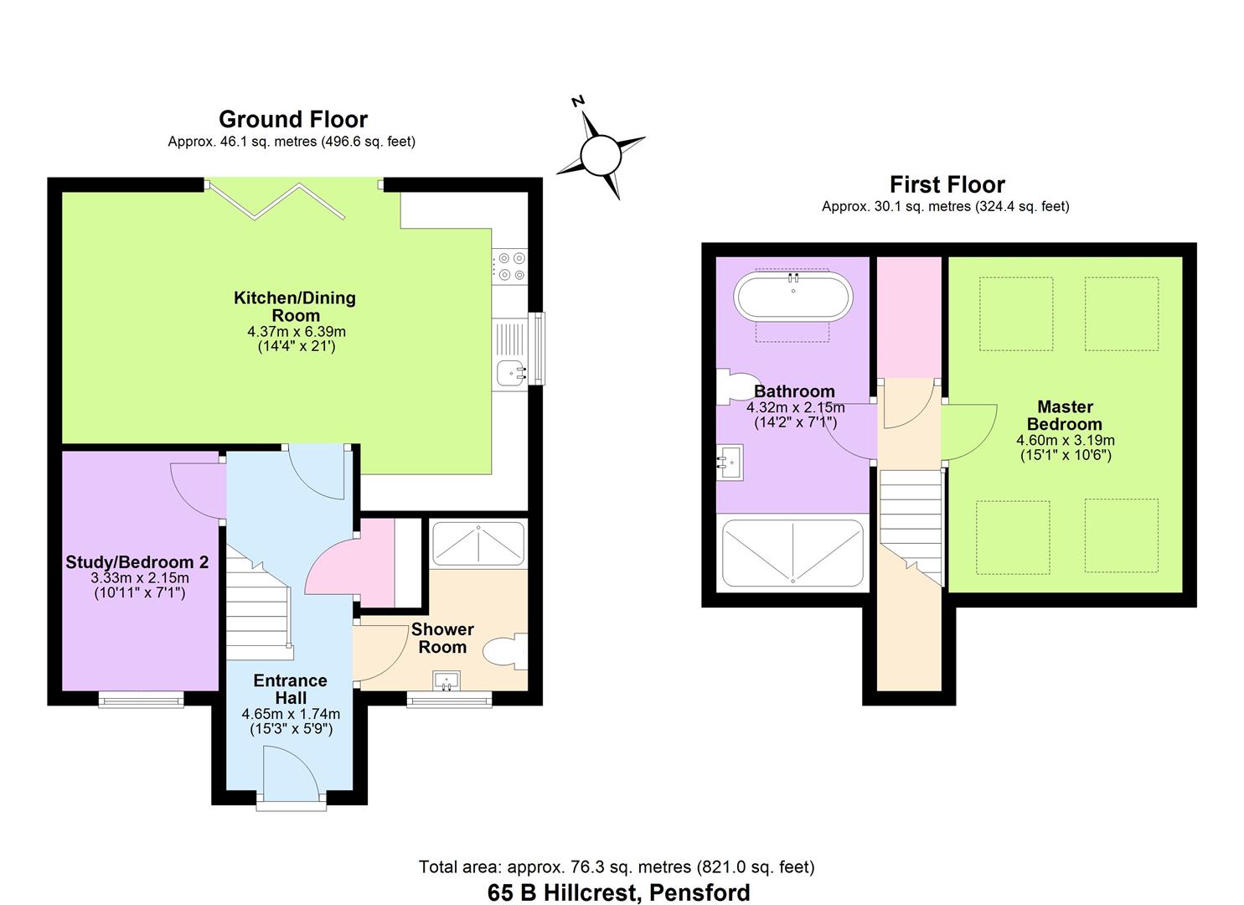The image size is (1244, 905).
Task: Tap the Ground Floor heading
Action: tap(292, 119)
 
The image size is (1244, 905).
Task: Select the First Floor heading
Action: tap(947, 184)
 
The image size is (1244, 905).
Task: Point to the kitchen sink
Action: tap(509, 371)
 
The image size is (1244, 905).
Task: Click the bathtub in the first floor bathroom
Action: tap(792, 297)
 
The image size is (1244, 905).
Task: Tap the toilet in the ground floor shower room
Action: tap(507, 652)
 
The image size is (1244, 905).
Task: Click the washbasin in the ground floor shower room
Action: tap(447, 680)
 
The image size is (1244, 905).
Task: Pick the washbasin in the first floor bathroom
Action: tap(730, 462)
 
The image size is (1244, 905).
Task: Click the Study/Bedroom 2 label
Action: tap(137, 562)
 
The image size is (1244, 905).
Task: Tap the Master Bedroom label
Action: tap(1065, 416)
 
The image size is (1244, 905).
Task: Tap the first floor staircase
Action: tap(911, 520)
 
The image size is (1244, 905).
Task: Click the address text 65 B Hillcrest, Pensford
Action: tap(618, 892)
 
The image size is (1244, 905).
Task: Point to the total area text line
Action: tap(617, 867)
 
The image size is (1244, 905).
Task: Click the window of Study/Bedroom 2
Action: tap(141, 698)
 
